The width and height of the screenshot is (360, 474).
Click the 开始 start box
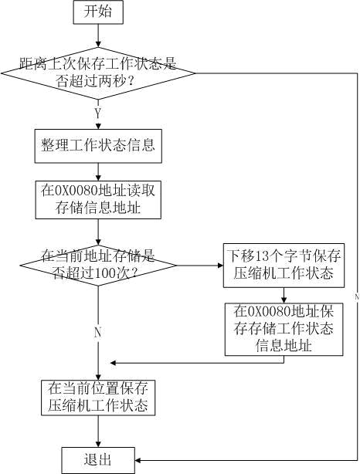98,12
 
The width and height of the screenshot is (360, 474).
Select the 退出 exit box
98,460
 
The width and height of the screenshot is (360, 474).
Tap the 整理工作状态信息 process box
98,146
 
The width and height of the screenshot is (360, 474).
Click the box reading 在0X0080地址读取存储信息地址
98,200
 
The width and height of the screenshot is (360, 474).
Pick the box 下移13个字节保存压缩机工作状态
284,265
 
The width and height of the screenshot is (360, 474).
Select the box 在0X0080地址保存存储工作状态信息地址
284,329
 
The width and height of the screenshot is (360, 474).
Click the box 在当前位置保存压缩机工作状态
98,398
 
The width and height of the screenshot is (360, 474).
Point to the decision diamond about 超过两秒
98,73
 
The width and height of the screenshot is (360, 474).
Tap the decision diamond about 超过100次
98,265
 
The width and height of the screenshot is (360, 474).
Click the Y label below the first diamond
97,113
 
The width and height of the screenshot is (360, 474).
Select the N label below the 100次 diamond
97,332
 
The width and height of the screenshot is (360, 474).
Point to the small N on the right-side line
357,297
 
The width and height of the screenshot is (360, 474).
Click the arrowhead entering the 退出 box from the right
138,460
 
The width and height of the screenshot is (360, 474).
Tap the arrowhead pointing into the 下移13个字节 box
220,266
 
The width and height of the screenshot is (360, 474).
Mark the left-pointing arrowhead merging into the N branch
114,363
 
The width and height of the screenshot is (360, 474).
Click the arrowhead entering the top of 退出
98,444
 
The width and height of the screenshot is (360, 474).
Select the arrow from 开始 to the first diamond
98,36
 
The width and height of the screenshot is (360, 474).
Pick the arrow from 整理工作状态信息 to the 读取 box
98,172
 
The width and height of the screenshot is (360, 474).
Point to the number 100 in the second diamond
104,273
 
